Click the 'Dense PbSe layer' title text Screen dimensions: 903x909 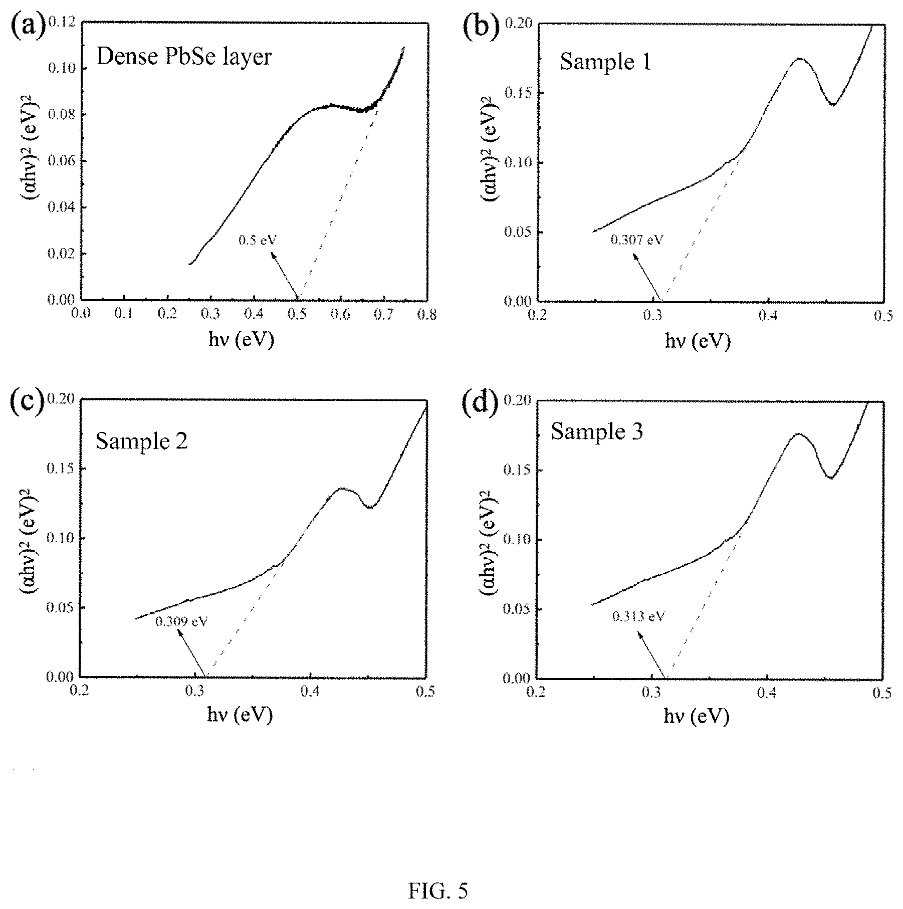click(184, 57)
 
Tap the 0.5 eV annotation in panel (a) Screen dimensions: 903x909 click(258, 241)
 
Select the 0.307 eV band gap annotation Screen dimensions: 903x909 click(636, 240)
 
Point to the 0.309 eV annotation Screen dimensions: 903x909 click(181, 622)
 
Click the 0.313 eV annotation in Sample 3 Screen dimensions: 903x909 click(638, 616)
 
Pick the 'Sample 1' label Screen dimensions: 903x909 click(605, 62)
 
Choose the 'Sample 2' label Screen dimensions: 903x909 click(142, 441)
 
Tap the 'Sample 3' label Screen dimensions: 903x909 click(597, 431)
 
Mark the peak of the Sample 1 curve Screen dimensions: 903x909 click(799, 59)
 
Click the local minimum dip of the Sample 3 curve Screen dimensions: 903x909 click(830, 478)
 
